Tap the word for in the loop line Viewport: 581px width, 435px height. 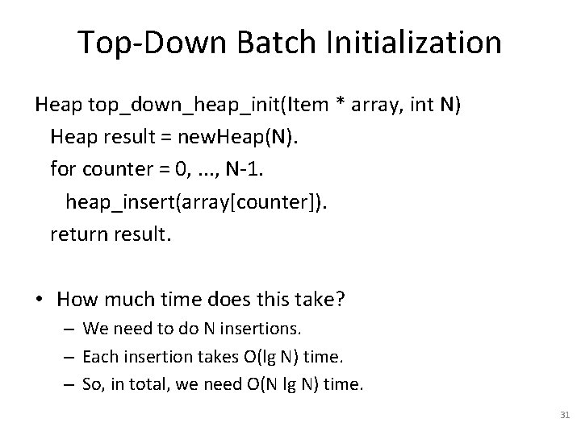pos(61,169)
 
